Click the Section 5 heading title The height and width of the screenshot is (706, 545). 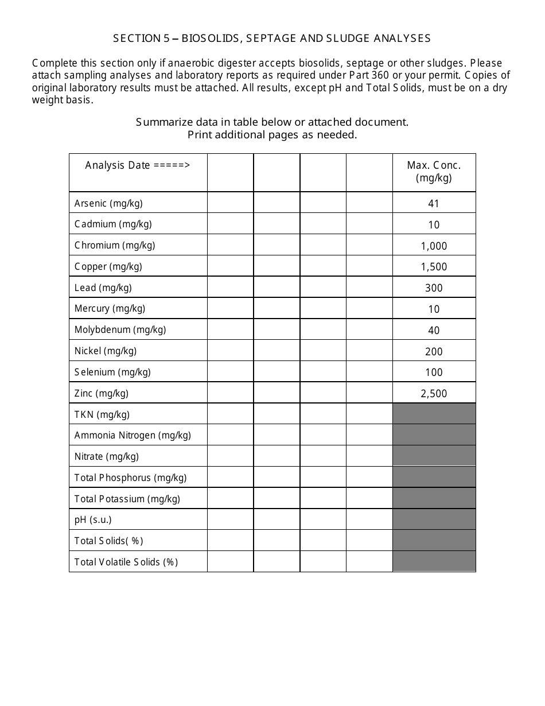pos(272,38)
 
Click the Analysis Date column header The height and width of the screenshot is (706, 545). pos(138,165)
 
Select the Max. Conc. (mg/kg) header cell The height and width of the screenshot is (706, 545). pos(434,172)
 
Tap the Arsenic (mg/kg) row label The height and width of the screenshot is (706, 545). pos(108,203)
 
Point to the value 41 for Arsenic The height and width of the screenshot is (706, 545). pos(434,204)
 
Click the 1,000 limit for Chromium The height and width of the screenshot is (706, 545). pos(434,246)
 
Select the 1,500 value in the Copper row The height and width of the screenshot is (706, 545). pos(434,267)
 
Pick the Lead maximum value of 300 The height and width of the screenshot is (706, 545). pos(434,288)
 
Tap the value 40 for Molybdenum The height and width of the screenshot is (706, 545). pos(434,331)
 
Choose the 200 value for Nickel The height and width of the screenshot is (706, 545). pos(434,352)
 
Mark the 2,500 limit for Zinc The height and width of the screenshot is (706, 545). pos(434,394)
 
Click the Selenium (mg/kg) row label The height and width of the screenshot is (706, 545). pos(112,372)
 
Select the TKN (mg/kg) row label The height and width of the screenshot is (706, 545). pos(102,414)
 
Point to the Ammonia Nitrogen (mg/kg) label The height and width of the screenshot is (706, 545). pos(133,435)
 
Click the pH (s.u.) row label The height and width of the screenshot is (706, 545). pos(93,519)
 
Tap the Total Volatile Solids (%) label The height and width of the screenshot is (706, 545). pos(126,562)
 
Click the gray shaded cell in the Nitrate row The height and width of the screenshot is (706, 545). pos(434,456)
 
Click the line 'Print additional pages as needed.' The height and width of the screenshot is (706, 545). pos(272,135)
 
